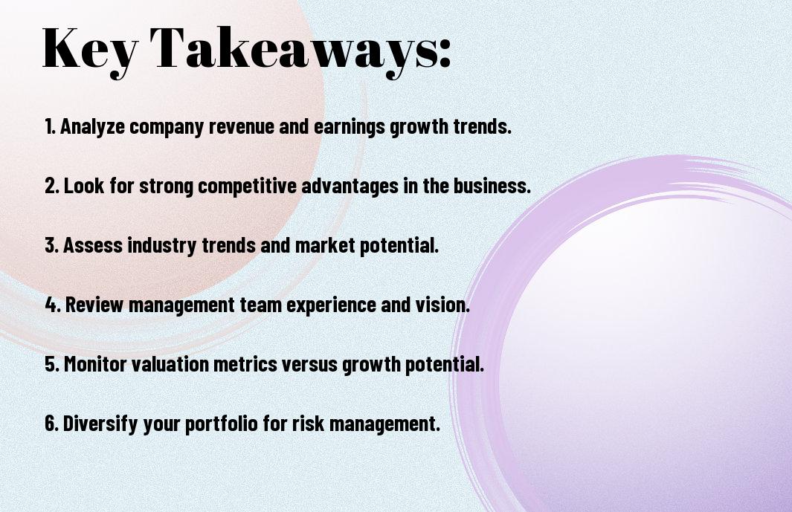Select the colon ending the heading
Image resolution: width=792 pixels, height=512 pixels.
click(x=444, y=53)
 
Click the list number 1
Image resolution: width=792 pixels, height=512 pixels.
click(x=50, y=126)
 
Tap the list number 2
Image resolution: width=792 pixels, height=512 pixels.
click(x=52, y=186)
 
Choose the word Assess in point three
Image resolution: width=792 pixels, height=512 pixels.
click(x=93, y=245)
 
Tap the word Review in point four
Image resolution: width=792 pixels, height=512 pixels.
click(x=94, y=305)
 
